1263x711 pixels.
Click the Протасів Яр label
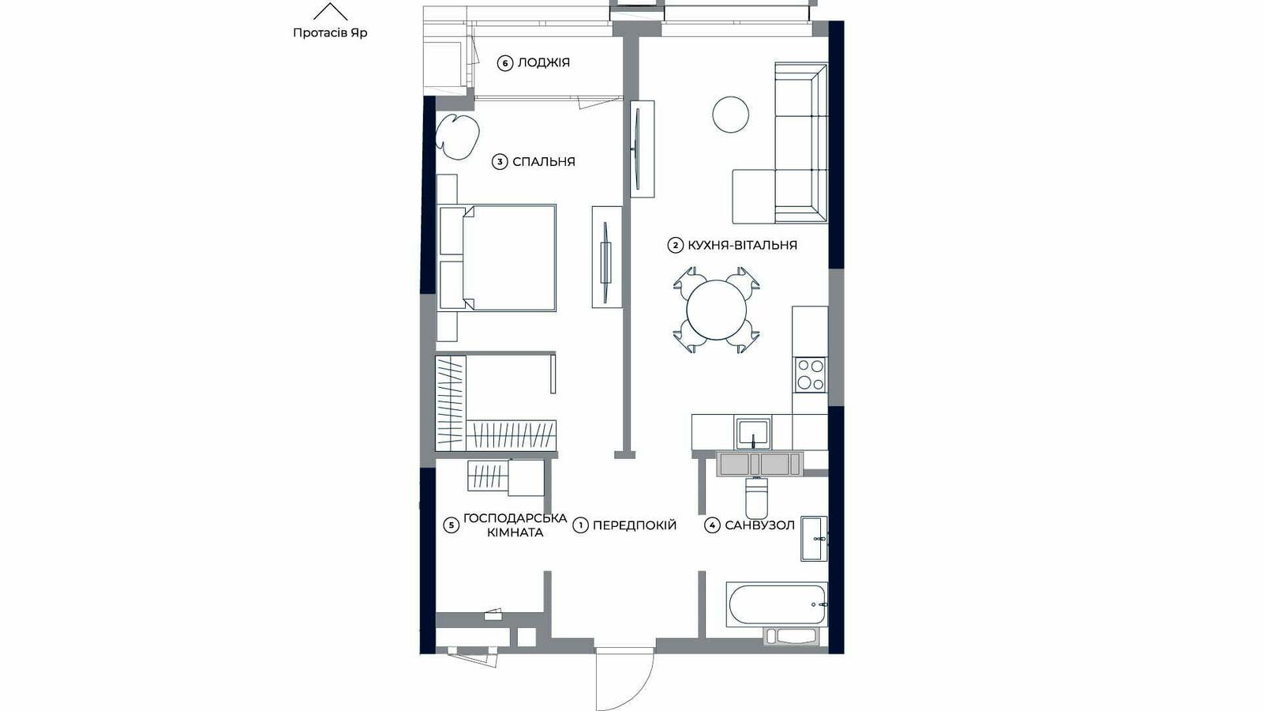(330, 32)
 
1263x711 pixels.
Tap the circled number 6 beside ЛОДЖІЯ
(504, 63)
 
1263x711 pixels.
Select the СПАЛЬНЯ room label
(544, 162)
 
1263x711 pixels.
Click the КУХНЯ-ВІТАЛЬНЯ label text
(742, 246)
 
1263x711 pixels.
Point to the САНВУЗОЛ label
(759, 525)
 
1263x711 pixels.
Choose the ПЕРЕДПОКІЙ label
(635, 525)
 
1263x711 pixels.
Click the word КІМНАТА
(515, 532)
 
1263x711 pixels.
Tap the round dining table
(716, 310)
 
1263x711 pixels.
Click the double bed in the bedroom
(497, 258)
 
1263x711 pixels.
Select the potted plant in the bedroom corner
(457, 136)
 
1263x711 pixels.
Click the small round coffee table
(730, 115)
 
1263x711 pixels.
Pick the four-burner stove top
(810, 374)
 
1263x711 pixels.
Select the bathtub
(777, 605)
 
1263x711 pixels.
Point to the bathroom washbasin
(814, 538)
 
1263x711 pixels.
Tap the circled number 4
(712, 525)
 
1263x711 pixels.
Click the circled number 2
(676, 246)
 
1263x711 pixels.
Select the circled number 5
(451, 525)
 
